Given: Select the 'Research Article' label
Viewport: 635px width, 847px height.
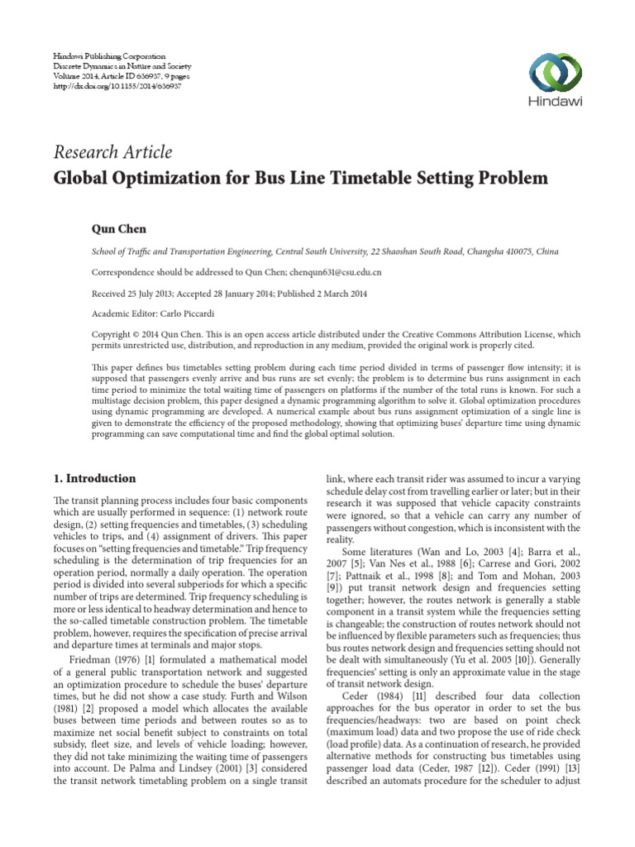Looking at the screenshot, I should point(112,152).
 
